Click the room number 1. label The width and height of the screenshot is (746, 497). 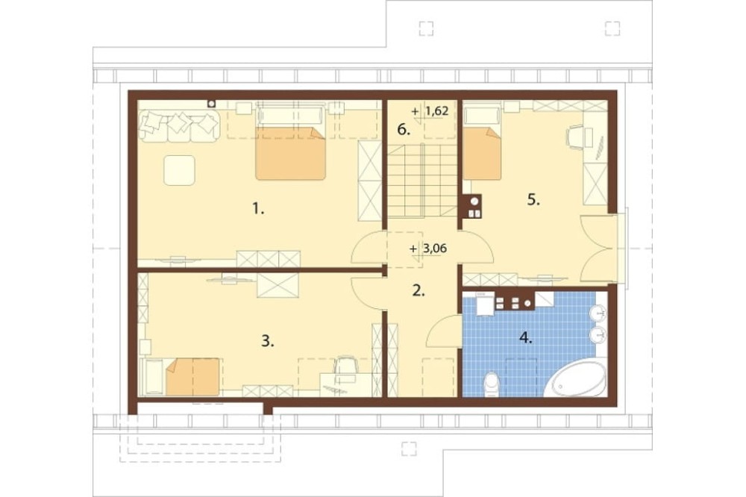(258, 208)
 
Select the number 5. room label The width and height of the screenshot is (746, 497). (534, 200)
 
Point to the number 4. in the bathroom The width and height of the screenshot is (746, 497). (526, 338)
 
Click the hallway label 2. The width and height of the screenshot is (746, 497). (419, 290)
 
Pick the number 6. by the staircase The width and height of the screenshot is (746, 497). (404, 130)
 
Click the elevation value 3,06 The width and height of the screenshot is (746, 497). (435, 248)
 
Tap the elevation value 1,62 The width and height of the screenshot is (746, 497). (436, 111)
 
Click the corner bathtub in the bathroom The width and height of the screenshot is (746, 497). (576, 378)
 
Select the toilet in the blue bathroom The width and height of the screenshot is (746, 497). (491, 384)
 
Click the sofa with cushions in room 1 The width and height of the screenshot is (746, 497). (179, 126)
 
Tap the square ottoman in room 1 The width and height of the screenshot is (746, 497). (179, 170)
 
